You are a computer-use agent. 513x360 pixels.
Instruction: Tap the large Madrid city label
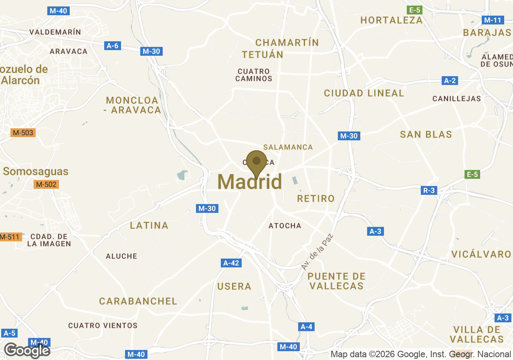(x=250, y=182)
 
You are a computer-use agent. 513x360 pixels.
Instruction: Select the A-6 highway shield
(x=113, y=46)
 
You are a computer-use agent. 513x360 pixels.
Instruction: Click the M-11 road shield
(x=492, y=20)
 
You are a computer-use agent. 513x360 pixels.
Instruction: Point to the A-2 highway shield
(x=450, y=81)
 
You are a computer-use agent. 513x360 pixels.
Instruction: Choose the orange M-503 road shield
(x=23, y=132)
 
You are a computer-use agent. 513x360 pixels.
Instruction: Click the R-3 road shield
(x=429, y=190)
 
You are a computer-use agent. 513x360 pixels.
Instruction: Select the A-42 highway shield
(x=231, y=263)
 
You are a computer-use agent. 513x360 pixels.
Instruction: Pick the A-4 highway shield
(x=306, y=327)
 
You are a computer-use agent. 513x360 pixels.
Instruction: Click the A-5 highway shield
(x=9, y=333)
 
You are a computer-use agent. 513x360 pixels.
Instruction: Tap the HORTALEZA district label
(x=392, y=20)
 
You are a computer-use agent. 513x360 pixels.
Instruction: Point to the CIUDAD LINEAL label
(x=364, y=93)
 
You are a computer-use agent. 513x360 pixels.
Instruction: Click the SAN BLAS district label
(x=426, y=134)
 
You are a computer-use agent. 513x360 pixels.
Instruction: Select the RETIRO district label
(x=316, y=198)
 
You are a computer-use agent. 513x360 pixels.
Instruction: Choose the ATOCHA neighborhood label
(x=285, y=226)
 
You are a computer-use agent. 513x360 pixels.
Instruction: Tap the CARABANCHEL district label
(x=138, y=301)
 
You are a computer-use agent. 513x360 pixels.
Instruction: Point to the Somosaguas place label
(x=36, y=172)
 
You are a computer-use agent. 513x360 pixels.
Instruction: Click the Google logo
(x=27, y=350)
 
